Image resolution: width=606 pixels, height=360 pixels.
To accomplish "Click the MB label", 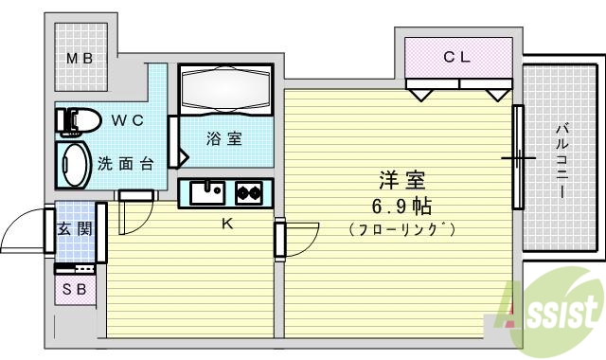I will tap(79, 58).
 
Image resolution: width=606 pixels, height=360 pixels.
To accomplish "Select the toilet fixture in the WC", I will tap(78, 121).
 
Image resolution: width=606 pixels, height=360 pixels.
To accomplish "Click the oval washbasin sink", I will tap(76, 163).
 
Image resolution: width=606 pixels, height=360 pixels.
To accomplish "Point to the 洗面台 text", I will tap(126, 163).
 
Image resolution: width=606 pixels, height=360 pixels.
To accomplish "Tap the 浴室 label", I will tap(224, 139).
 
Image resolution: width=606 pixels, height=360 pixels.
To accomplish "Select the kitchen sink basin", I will tap(206, 192).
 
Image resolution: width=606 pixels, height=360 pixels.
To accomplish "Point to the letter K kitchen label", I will tap(226, 225).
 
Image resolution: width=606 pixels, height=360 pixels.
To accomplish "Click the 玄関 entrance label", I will tap(73, 228).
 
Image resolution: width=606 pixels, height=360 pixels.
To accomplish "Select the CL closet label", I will tap(457, 57).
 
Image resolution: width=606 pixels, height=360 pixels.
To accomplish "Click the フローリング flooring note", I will tap(401, 229).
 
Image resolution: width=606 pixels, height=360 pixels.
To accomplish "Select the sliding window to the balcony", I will tap(518, 156).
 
